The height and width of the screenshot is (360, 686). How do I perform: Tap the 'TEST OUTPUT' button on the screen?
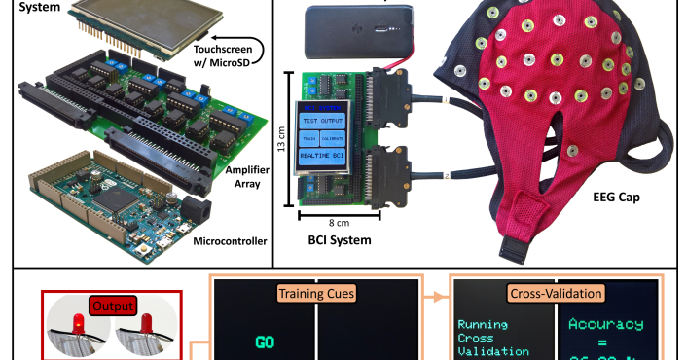point(323,119)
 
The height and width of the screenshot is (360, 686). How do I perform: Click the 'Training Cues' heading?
point(316,291)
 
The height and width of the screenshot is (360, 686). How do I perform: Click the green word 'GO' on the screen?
point(265,342)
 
